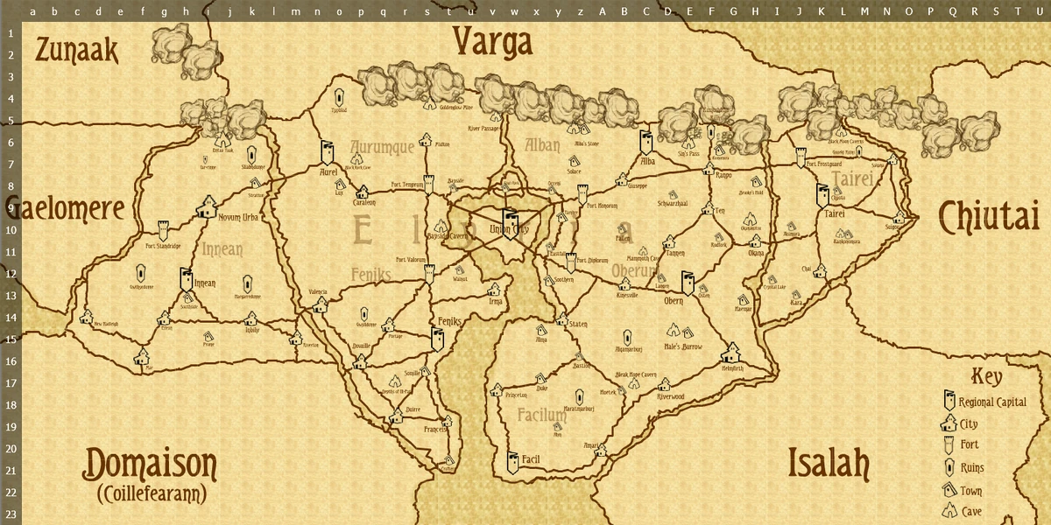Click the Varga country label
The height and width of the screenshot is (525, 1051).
(x=493, y=42)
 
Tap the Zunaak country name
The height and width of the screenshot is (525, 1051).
(x=76, y=52)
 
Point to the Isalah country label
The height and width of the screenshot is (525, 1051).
(x=828, y=463)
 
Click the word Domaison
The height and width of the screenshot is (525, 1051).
(x=150, y=464)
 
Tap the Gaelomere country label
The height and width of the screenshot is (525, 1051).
(x=66, y=208)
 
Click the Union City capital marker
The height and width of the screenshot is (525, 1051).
(x=509, y=218)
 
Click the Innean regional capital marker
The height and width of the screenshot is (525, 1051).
(x=186, y=279)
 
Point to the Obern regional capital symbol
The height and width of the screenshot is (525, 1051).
(x=688, y=284)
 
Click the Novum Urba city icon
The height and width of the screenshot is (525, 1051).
(x=208, y=206)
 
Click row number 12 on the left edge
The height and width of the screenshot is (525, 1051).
(x=11, y=273)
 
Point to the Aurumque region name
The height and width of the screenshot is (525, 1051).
(x=382, y=147)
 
